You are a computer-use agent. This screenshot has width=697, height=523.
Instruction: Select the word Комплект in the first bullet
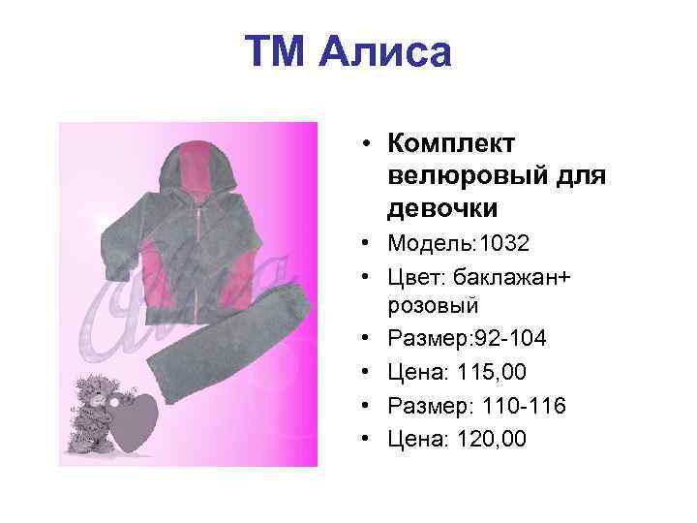point(450,143)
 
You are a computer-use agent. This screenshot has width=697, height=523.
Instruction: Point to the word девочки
point(442,207)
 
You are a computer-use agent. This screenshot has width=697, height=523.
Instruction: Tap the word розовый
point(433,306)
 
